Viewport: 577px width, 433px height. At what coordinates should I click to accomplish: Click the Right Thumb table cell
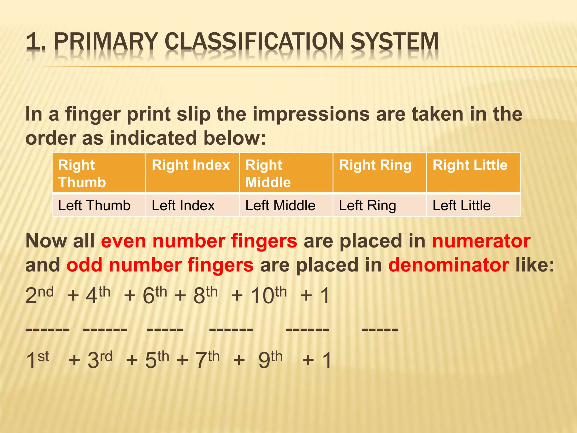(x=99, y=173)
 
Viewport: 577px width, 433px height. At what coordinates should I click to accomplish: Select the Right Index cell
(x=192, y=173)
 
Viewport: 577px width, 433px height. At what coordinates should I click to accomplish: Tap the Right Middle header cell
(x=286, y=173)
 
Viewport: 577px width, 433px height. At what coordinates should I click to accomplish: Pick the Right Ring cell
(x=380, y=173)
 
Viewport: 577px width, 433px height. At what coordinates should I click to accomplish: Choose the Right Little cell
(x=473, y=173)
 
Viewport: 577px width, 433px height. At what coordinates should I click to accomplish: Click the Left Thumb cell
(x=99, y=205)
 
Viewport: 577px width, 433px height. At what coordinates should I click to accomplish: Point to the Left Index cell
(x=192, y=205)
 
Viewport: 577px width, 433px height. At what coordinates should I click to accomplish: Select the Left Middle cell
(x=286, y=205)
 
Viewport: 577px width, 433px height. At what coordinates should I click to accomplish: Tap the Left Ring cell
(x=380, y=205)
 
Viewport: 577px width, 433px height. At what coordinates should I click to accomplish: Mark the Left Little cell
(x=473, y=205)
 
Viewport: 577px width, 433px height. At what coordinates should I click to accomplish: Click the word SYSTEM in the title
(x=394, y=42)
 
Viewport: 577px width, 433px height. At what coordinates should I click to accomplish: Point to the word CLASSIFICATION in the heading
(x=254, y=42)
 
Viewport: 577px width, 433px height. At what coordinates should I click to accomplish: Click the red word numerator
(x=481, y=241)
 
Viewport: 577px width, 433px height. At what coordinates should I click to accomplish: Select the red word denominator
(x=449, y=265)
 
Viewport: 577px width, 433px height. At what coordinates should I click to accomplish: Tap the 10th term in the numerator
(x=268, y=295)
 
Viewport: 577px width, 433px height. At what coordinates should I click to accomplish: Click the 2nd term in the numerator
(x=39, y=295)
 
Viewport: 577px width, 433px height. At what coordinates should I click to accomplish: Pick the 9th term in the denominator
(x=270, y=360)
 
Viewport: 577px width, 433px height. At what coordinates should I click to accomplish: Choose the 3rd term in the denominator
(x=100, y=360)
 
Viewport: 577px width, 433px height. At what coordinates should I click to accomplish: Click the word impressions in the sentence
(x=311, y=114)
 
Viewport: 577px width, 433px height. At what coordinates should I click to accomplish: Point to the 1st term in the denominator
(x=37, y=360)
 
